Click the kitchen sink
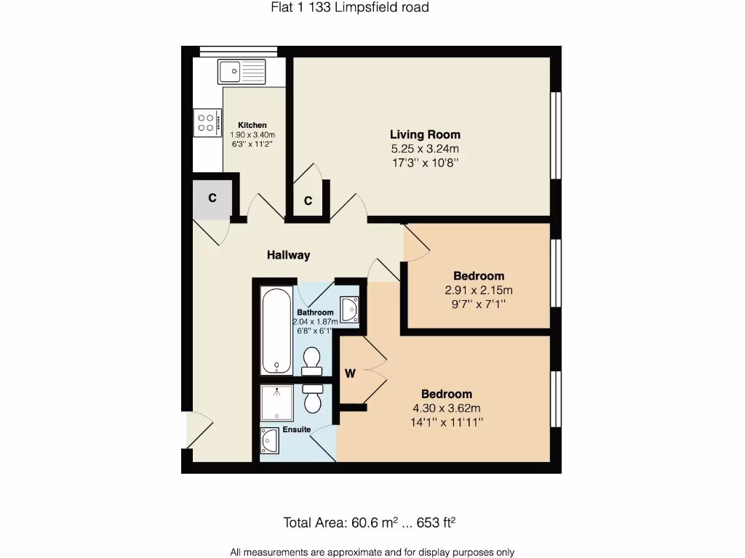point(242,72)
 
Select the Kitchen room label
point(252,125)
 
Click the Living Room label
point(425,134)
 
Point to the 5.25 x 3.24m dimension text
point(425,149)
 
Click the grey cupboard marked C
point(212,197)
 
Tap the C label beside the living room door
point(308,201)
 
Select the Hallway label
point(288,255)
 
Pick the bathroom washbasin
point(350,309)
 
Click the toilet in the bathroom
point(312,358)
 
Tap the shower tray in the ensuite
point(277,403)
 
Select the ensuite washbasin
point(269,440)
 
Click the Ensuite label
point(297,429)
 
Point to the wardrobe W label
point(350,374)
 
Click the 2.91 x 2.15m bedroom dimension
point(479,290)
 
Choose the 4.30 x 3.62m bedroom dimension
point(447,408)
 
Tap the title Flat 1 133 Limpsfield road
point(345,8)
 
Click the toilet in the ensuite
point(314,400)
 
